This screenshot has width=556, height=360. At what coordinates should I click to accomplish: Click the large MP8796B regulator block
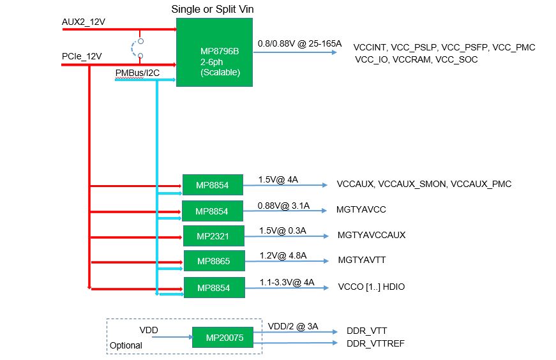click(214, 52)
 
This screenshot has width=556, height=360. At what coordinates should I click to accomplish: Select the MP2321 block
click(214, 236)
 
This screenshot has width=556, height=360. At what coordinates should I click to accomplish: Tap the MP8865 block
click(214, 261)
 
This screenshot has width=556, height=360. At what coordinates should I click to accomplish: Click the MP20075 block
click(222, 337)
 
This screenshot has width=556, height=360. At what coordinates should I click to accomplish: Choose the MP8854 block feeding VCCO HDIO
click(214, 288)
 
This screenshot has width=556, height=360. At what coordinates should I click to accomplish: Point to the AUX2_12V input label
click(84, 22)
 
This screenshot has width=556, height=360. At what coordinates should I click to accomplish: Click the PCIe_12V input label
click(82, 56)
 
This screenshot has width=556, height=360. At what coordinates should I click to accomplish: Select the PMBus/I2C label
click(137, 73)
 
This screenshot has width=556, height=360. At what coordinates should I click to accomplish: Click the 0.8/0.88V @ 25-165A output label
click(299, 44)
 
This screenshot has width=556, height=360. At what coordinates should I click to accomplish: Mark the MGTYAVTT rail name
click(362, 260)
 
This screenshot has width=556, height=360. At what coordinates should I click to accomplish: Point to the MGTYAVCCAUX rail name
click(371, 235)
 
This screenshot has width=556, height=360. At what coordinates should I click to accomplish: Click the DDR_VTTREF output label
click(375, 344)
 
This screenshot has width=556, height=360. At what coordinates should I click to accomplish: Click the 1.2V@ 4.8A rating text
click(283, 255)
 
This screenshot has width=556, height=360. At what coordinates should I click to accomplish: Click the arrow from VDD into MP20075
click(174, 337)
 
